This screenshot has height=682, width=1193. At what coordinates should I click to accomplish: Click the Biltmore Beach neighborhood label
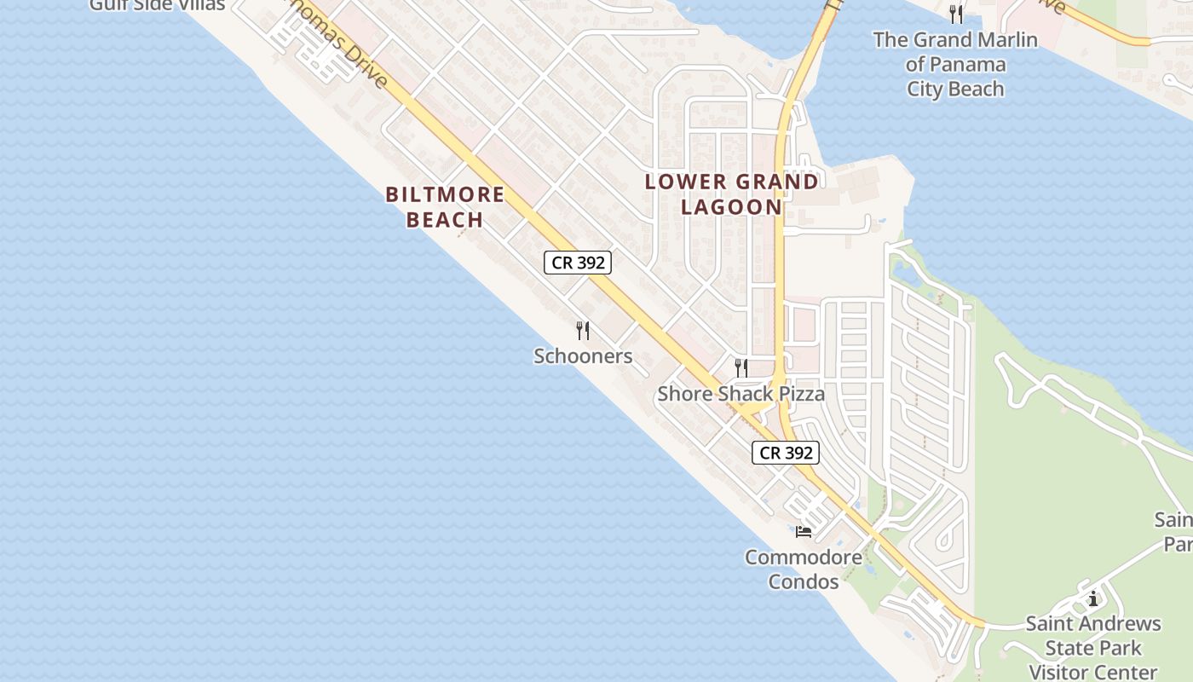[445, 206]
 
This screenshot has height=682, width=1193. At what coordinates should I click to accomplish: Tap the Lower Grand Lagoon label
[731, 194]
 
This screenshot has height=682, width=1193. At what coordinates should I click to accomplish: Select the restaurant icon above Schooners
[583, 330]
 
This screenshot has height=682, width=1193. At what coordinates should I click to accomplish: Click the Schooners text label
[583, 355]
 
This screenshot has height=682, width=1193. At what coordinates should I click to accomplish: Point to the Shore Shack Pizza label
[741, 394]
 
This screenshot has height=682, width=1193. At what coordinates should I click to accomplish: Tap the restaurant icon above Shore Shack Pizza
[741, 367]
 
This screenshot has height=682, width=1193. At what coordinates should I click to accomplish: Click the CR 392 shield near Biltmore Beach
[578, 263]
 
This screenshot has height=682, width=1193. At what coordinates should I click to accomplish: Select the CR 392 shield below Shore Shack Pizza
[785, 453]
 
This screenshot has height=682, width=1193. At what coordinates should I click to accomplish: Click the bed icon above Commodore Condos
[803, 532]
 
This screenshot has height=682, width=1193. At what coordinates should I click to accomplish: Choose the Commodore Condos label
[804, 569]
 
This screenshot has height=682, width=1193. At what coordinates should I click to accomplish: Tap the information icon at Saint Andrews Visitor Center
[1093, 598]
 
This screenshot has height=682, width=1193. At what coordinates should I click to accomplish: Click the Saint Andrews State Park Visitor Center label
[1092, 648]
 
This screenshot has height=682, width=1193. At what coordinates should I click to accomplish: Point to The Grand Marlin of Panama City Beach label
[955, 64]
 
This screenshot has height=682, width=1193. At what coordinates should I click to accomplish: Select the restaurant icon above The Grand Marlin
[955, 14]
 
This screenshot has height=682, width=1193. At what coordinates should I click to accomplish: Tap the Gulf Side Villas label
[158, 6]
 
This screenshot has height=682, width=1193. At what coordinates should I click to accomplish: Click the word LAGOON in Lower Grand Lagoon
[731, 206]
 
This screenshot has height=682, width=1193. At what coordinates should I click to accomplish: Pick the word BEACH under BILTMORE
[445, 219]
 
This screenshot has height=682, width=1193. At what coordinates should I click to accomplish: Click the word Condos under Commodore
[804, 581]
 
